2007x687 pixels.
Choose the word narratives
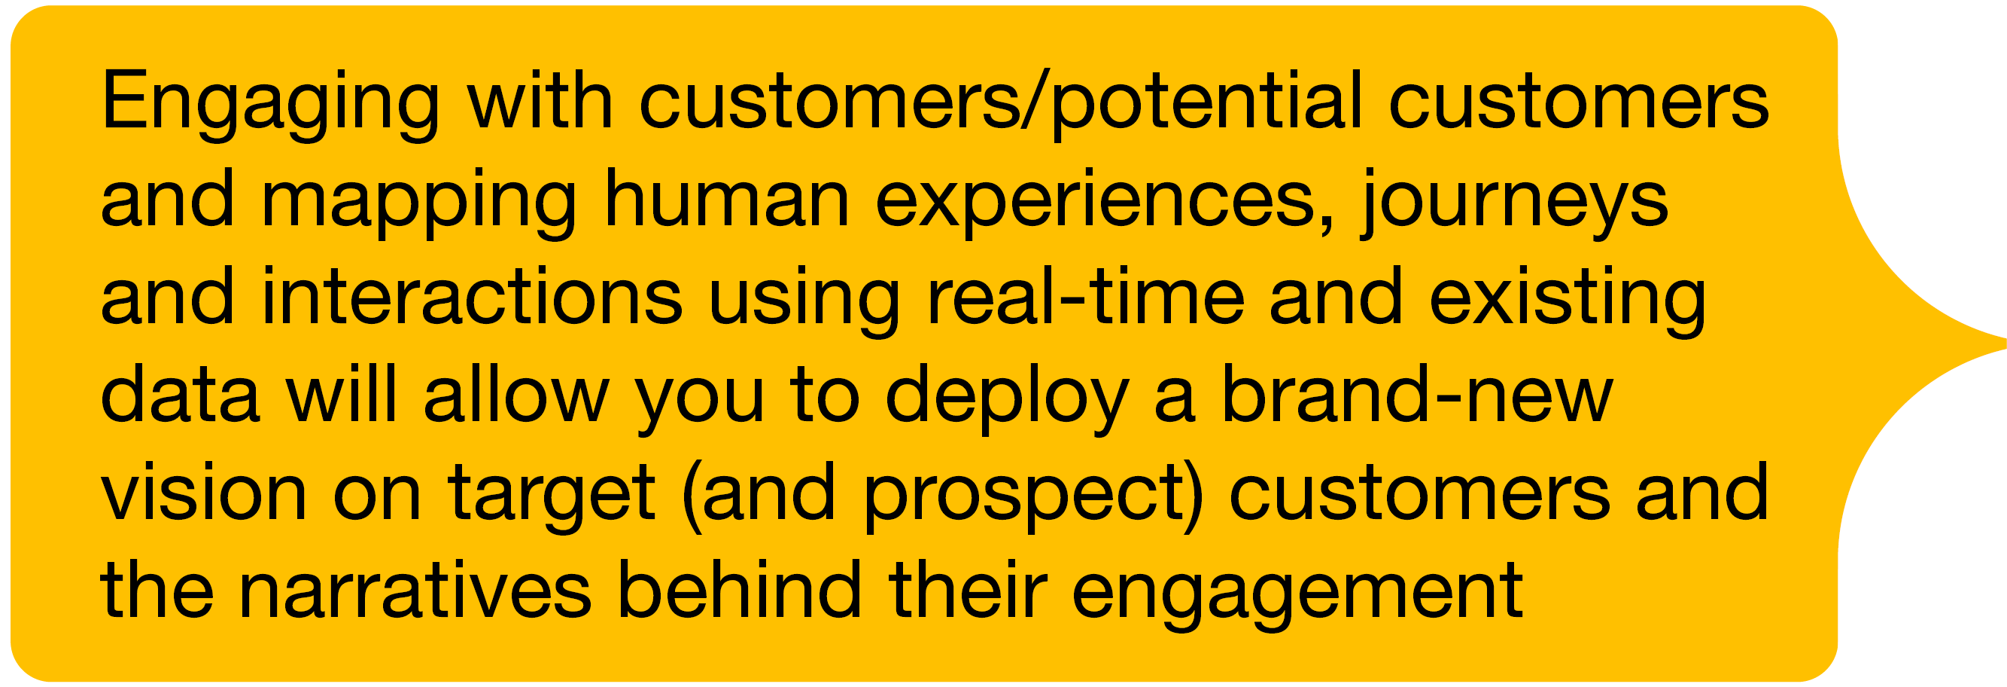coord(415,590)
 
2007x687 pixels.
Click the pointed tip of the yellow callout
coord(2004,343)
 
